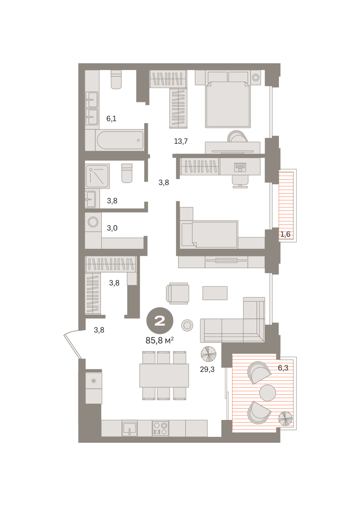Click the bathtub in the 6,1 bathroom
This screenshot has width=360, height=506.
[120, 140]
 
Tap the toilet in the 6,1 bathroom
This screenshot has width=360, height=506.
[116, 79]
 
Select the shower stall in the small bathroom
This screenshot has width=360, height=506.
[97, 176]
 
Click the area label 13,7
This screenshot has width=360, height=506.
[181, 141]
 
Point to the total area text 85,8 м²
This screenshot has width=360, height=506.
[160, 340]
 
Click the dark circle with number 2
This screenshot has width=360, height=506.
[160, 320]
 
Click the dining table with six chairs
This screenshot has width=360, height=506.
[164, 376]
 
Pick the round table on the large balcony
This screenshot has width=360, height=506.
[268, 393]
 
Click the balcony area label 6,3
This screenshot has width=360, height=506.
[283, 368]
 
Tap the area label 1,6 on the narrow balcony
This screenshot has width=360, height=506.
[285, 234]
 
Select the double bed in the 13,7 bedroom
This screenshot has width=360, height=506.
[228, 104]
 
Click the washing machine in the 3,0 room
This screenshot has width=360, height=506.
[93, 222]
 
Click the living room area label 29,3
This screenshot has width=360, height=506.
[207, 369]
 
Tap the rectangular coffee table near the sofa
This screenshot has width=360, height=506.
[215, 293]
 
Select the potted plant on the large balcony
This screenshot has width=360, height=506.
[285, 419]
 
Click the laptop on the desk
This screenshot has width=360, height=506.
[240, 167]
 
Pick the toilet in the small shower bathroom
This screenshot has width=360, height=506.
[127, 173]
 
